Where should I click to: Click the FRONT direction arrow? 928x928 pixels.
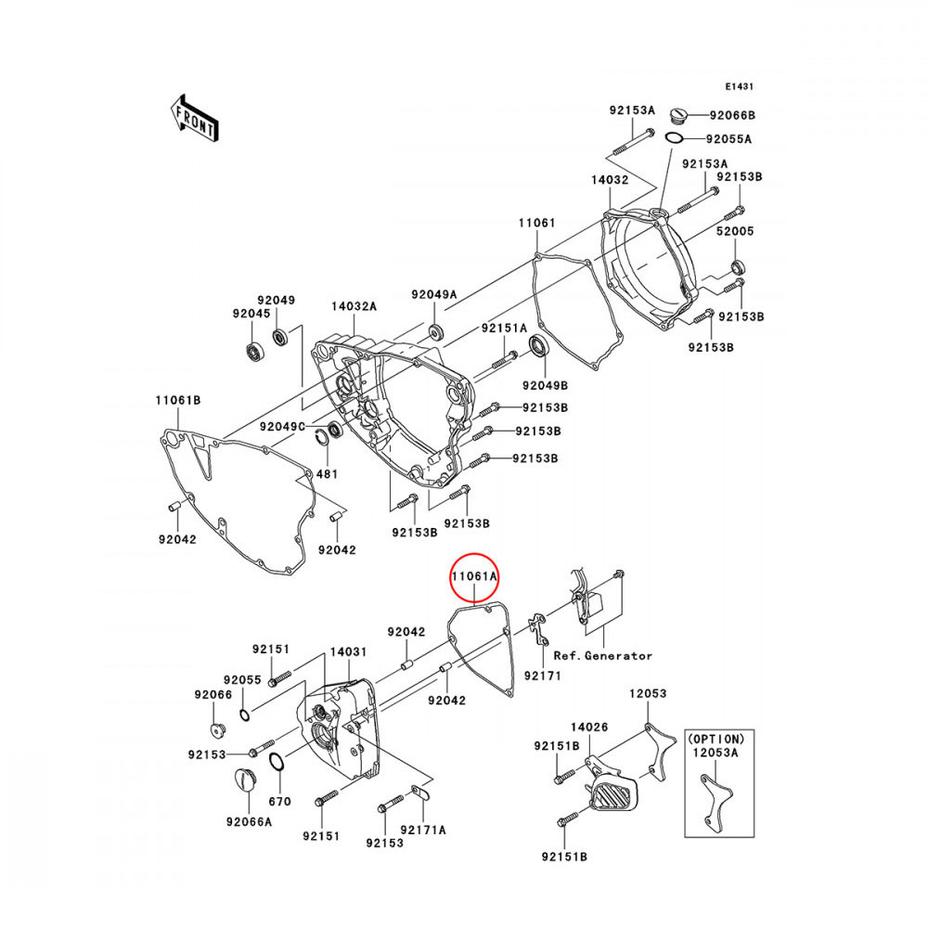[x=195, y=118]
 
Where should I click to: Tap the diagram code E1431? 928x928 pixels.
[x=740, y=86]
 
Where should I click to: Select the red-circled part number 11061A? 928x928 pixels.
[x=474, y=576]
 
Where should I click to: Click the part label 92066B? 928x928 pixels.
[x=733, y=115]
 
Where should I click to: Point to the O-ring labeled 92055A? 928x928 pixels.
[x=674, y=138]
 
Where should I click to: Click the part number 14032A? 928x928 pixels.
[x=354, y=306]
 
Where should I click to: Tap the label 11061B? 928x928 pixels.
[x=178, y=400]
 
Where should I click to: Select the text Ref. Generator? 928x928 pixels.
[x=602, y=656]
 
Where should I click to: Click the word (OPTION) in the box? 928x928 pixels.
[x=716, y=740]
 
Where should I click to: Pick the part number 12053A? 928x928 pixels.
[x=716, y=753]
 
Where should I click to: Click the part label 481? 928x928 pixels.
[x=328, y=474]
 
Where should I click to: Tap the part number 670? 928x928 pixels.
[x=280, y=802]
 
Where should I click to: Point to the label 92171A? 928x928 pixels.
[x=423, y=831]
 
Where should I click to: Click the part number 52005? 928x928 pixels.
[x=735, y=231]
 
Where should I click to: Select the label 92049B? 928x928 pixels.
[x=545, y=386]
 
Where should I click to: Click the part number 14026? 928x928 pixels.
[x=589, y=727]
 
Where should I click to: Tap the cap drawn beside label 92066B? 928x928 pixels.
[x=679, y=116]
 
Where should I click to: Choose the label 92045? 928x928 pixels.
[x=251, y=314]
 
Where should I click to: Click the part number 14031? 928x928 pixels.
[x=349, y=652]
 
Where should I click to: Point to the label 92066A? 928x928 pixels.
[x=249, y=822]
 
